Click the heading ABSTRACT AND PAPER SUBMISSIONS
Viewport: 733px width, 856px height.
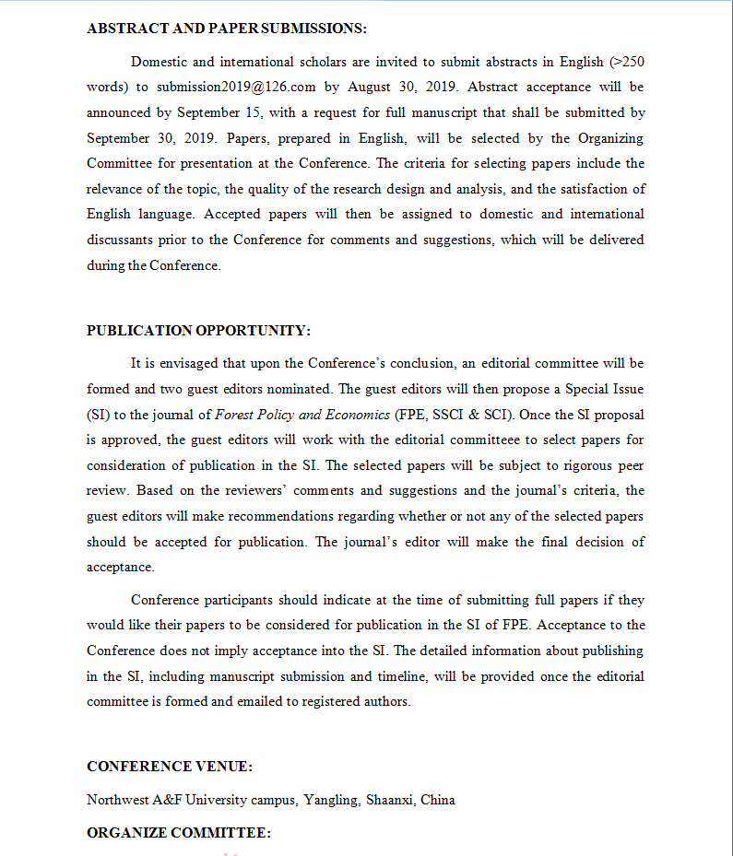[226, 29]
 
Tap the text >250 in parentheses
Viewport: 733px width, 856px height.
[626, 62]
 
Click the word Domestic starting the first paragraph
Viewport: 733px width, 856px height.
[158, 62]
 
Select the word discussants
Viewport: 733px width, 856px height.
[124, 240]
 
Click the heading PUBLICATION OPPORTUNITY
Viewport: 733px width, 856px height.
[198, 331]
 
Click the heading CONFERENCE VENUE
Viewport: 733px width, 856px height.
[170, 767]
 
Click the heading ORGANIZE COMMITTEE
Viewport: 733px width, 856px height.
[178, 833]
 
